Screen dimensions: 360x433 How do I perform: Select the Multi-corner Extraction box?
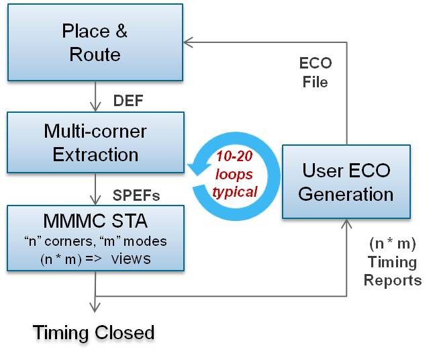coord(95,142)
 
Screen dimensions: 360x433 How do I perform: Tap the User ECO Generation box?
coord(346,181)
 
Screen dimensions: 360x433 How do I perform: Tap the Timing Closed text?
coord(95,332)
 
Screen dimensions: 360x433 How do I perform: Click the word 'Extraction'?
coord(95,154)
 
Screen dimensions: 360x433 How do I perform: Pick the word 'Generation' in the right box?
coord(346,194)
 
